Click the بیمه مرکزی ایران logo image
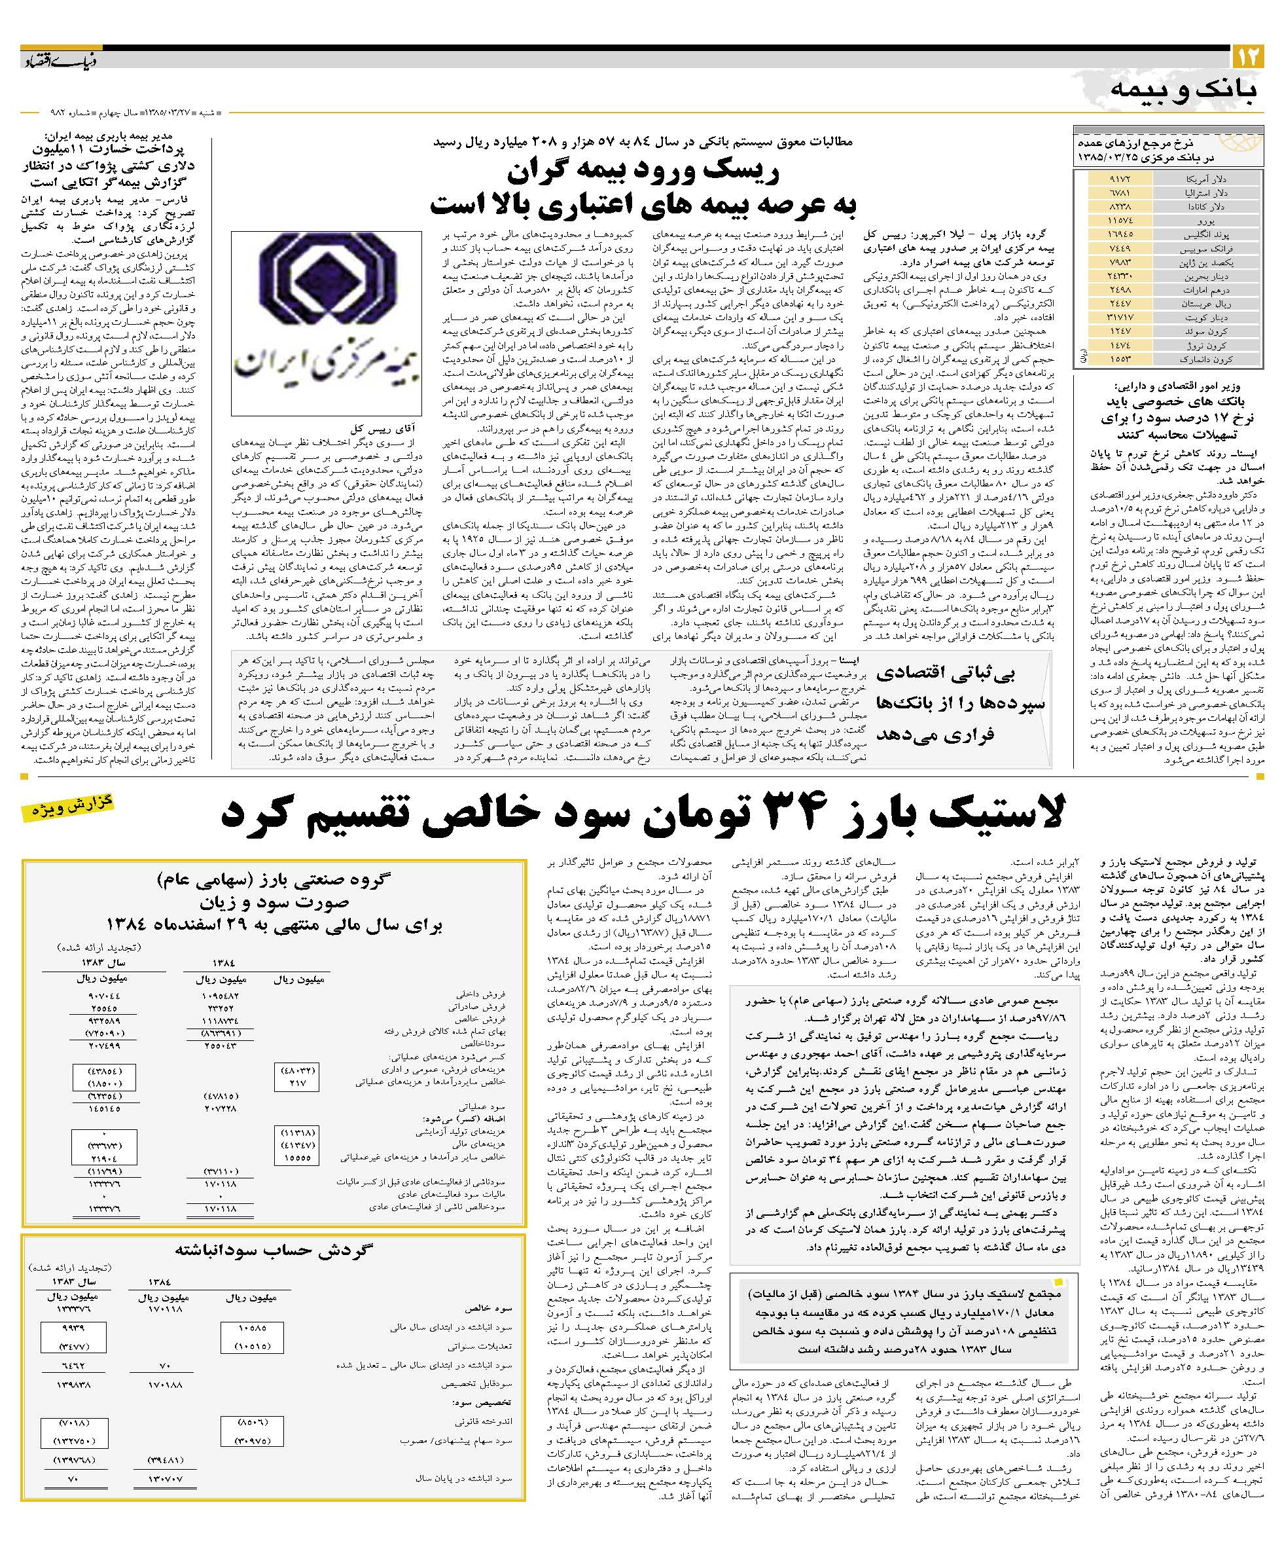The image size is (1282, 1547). tap(326, 323)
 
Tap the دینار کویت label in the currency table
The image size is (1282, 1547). tap(1205, 318)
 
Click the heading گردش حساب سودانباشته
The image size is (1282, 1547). tap(274, 1250)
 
